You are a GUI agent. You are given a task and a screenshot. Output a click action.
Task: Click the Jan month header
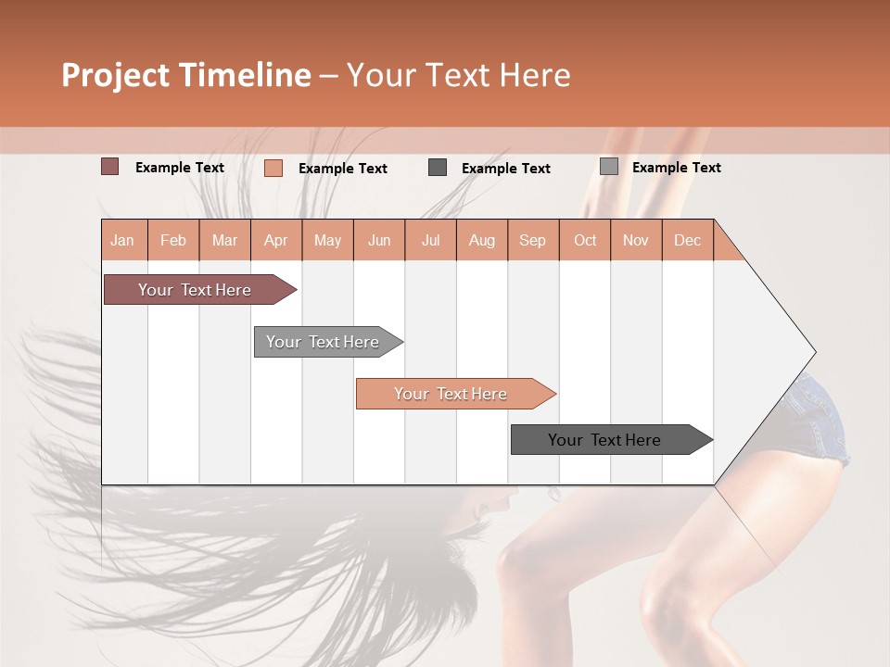tap(122, 240)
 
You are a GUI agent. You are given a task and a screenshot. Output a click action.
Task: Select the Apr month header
tap(275, 240)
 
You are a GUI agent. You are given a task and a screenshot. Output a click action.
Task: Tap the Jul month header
tap(430, 240)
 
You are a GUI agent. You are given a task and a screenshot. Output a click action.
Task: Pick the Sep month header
tap(532, 240)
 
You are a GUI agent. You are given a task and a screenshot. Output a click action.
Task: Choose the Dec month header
tap(687, 240)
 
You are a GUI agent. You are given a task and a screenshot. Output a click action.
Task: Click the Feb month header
tap(173, 240)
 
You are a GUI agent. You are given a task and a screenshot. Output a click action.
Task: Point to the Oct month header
tap(585, 240)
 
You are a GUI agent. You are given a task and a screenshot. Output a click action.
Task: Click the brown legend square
tap(109, 167)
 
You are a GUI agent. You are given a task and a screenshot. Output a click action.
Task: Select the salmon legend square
tap(273, 168)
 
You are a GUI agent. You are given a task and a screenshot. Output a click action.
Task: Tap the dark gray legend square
tap(438, 168)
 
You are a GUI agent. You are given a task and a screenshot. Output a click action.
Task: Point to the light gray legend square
tap(608, 167)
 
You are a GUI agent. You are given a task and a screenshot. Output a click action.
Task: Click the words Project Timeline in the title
tap(186, 75)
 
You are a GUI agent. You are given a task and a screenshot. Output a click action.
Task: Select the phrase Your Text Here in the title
tap(458, 75)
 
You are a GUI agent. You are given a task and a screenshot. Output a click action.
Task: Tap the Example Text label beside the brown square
tap(180, 168)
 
